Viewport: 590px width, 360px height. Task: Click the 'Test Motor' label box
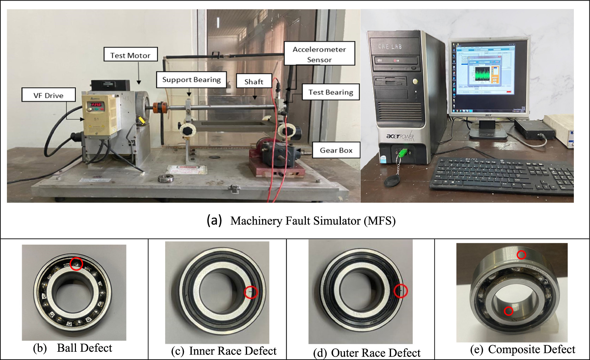[x=131, y=55]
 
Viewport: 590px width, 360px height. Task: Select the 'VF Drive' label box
[x=48, y=95]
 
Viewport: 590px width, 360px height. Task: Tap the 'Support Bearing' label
[x=191, y=80]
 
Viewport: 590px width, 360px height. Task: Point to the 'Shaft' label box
[x=254, y=81]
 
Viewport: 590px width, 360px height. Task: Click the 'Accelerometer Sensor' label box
[x=319, y=54]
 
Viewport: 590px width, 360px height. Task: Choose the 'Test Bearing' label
[x=331, y=92]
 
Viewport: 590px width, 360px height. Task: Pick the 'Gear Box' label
[x=336, y=150]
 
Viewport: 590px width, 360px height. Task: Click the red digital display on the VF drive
[x=98, y=105]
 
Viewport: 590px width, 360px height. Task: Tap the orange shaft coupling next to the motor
[x=159, y=107]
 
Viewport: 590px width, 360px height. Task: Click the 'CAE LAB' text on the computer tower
[x=390, y=46]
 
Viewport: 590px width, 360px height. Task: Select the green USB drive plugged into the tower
[x=403, y=152]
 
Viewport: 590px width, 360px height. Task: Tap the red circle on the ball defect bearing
[x=76, y=264]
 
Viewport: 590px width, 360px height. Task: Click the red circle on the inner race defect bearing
[x=251, y=292]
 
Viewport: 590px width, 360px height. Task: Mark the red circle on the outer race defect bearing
[x=400, y=291]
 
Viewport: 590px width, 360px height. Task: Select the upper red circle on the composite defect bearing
[x=521, y=255]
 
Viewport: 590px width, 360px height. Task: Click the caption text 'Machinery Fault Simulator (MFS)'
[x=313, y=221]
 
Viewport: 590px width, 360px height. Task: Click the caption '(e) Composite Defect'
[x=522, y=349]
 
